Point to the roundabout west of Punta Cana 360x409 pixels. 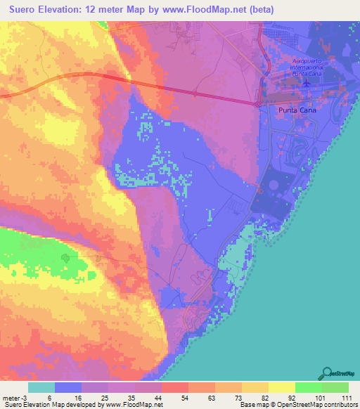pyautogui.click(x=259, y=104)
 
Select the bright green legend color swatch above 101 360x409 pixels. pyautogui.click(x=308, y=387)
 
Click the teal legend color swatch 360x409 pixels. pyautogui.click(x=42, y=387)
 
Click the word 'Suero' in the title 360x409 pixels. pyautogui.click(x=21, y=11)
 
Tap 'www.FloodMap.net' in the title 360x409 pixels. pyautogui.click(x=210, y=11)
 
